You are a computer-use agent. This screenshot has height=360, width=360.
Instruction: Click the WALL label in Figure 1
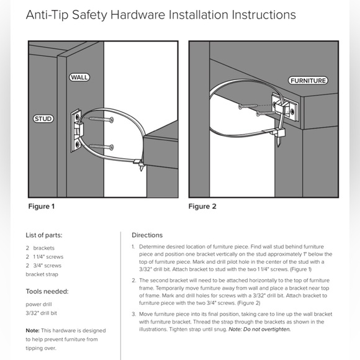point(79,78)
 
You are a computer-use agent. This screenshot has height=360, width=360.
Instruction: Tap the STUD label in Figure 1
point(43,118)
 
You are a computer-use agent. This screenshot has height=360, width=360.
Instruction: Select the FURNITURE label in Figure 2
point(308,81)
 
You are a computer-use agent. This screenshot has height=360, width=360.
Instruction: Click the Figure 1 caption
point(42,206)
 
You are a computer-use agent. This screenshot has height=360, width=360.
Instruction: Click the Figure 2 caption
point(202,206)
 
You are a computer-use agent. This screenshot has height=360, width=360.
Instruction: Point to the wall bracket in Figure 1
point(76,130)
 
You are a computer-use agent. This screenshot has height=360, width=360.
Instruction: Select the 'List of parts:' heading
point(43,235)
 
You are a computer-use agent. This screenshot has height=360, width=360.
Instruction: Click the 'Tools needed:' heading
point(47,291)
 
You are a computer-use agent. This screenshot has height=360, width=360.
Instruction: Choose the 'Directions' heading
point(147,235)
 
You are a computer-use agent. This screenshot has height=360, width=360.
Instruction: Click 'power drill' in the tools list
point(41,304)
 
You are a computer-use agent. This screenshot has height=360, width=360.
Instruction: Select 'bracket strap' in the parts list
point(43,274)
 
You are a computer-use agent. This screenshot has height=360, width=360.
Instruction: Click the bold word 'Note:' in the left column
point(32,331)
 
